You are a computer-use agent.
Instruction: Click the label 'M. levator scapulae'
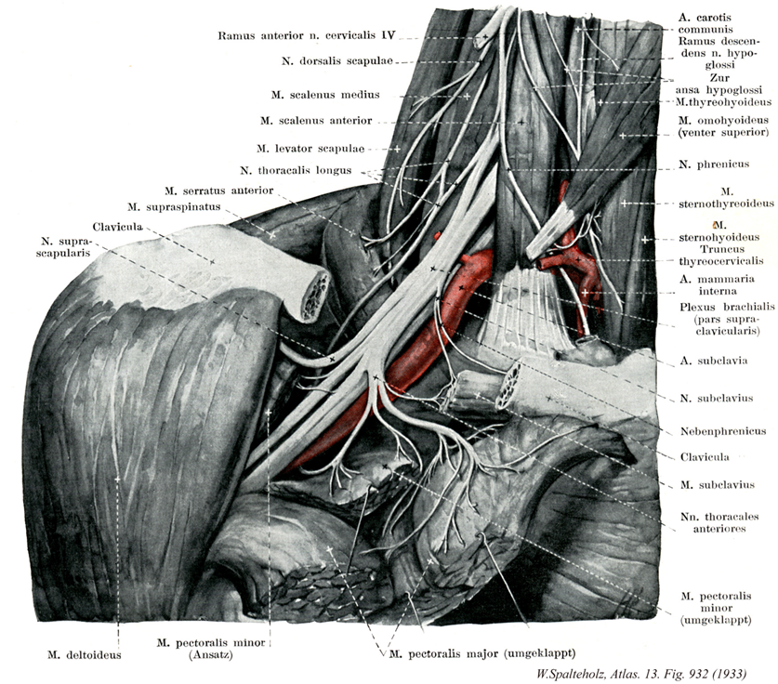pos(310,148)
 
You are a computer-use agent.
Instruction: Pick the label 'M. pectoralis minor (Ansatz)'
pos(212,648)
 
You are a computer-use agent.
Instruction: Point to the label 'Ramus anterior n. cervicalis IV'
pos(308,37)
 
